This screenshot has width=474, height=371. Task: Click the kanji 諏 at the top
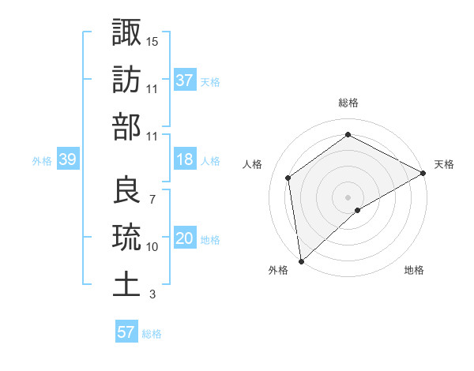tap(126, 33)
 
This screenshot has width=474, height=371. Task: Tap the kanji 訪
tap(126, 80)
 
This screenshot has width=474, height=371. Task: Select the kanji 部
tap(126, 127)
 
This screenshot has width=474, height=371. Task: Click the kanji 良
tap(126, 190)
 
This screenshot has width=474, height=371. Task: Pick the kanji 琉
tap(126, 237)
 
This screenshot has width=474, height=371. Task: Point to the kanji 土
tap(126, 284)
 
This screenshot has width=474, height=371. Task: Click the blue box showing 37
tap(184, 81)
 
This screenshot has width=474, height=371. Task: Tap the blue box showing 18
tap(184, 160)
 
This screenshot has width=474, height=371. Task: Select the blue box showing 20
tap(184, 239)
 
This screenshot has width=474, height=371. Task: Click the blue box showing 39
tap(67, 160)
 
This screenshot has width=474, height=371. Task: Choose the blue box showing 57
tap(126, 332)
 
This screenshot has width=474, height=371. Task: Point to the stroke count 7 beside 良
tap(152, 198)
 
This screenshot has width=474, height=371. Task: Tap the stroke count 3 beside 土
tap(152, 294)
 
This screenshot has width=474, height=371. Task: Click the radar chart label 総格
tap(348, 103)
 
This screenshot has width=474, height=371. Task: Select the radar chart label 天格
tap(444, 164)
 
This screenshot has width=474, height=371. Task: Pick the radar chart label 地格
tap(414, 270)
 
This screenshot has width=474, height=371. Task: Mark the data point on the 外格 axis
tap(300, 260)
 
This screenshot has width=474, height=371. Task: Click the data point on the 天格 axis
tap(423, 174)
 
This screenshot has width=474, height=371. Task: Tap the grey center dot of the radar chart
tap(348, 196)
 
